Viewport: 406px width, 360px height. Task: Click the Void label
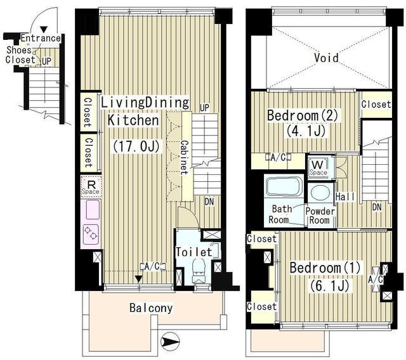[x=326, y=58]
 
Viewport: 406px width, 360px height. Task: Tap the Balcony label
[x=151, y=308]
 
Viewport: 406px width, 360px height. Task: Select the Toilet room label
[x=194, y=252]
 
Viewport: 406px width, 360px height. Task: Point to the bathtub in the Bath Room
[x=284, y=186]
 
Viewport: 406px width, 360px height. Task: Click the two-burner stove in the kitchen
[x=91, y=235]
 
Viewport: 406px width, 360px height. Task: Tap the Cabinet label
[x=185, y=157]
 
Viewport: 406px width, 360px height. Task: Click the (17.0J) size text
[x=136, y=146]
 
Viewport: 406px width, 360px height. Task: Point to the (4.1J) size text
[x=306, y=131]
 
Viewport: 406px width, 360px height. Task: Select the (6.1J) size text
[x=329, y=285]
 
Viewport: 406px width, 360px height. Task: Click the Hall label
[x=345, y=197]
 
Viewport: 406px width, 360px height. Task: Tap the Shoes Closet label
[x=20, y=55]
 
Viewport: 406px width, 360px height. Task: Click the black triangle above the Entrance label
[x=44, y=30]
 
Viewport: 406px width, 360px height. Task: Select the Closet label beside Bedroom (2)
[x=376, y=104]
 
